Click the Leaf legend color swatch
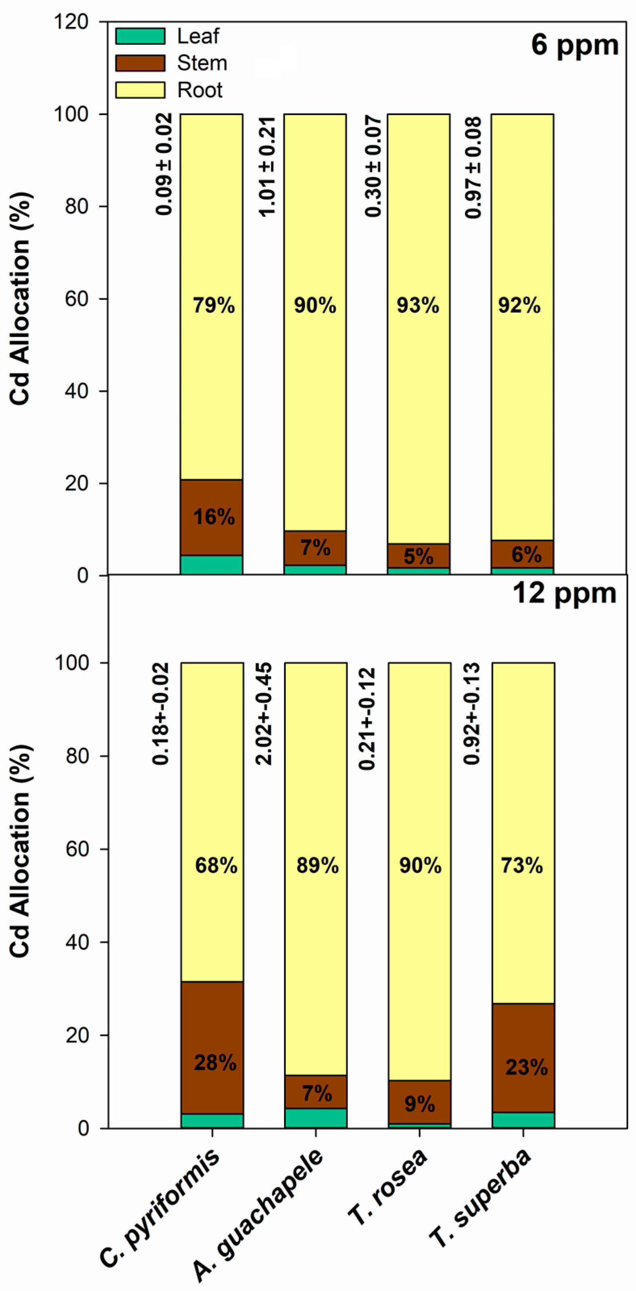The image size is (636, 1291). [x=140, y=36]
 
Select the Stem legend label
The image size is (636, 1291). [x=202, y=63]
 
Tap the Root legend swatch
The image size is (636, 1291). [x=140, y=90]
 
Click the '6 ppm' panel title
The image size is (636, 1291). [x=575, y=45]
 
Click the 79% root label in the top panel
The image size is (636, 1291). [x=214, y=305]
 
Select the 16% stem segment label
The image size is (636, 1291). [x=214, y=517]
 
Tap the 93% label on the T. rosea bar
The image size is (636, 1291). [x=418, y=305]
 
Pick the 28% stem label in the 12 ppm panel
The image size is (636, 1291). [x=215, y=1063]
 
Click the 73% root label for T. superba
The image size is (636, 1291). [x=522, y=866]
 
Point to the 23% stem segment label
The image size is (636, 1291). [x=526, y=1067]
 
